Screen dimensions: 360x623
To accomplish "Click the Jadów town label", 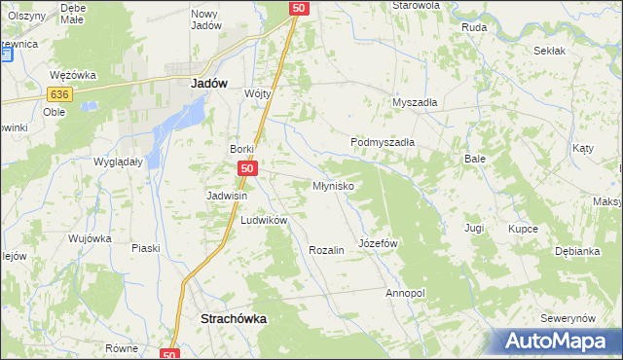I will [205, 84].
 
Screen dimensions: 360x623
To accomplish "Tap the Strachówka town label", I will [233, 318].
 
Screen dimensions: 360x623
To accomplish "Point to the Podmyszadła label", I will [383, 142].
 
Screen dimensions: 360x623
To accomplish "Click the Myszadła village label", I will [415, 102].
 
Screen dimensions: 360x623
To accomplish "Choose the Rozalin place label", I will [326, 250].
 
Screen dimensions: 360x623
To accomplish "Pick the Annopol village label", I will [406, 293].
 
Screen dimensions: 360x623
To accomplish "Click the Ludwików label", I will [264, 220].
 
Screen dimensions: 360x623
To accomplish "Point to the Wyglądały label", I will [118, 162].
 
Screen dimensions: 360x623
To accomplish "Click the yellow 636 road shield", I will [58, 93].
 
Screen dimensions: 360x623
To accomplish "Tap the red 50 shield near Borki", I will [247, 169].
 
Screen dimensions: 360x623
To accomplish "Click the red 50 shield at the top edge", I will [299, 8].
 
